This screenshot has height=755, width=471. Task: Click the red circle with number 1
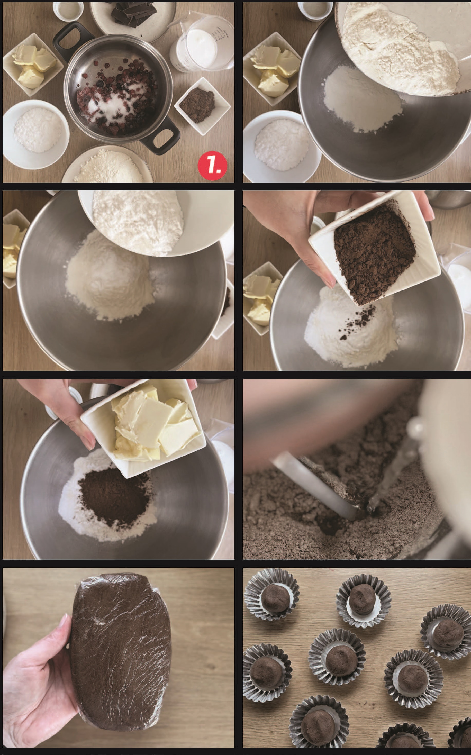click(x=212, y=165)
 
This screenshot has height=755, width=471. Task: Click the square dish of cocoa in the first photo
click(x=202, y=106)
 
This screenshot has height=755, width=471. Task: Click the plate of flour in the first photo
click(x=107, y=165)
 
